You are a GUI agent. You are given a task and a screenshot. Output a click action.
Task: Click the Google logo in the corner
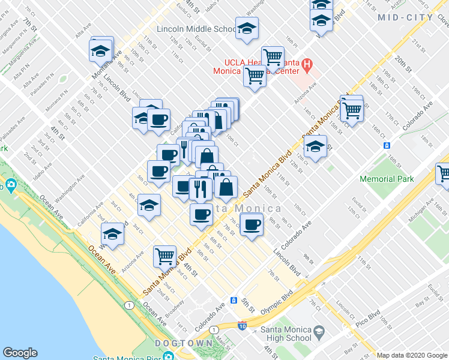pyautogui.click(x=20, y=353)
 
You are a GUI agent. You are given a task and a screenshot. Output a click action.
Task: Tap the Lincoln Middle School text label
pyautogui.click(x=197, y=29)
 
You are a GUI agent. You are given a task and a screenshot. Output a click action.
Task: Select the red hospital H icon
pyautogui.click(x=306, y=63)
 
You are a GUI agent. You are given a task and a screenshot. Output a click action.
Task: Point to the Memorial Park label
pyautogui.click(x=387, y=179)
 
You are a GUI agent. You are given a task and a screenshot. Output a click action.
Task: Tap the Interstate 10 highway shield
pyautogui.click(x=242, y=326)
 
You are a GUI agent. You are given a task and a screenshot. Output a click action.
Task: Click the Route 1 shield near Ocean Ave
pyautogui.click(x=129, y=305)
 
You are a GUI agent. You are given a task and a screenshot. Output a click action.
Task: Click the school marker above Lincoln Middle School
pyautogui.click(x=246, y=29)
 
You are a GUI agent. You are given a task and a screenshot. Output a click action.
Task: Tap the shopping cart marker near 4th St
pyautogui.click(x=164, y=256)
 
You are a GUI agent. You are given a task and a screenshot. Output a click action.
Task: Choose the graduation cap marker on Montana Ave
pyautogui.click(x=101, y=51)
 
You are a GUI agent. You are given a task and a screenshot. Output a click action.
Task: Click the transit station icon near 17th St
pyautogui.click(x=387, y=146)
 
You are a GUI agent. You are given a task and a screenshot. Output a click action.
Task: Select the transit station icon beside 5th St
pyautogui.click(x=234, y=300)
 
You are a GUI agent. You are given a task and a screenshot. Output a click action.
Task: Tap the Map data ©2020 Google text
pyautogui.click(x=412, y=355)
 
